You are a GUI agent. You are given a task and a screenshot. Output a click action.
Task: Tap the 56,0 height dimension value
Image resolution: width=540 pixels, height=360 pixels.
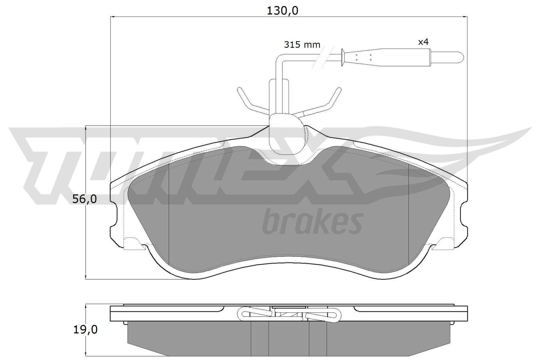click(85, 199)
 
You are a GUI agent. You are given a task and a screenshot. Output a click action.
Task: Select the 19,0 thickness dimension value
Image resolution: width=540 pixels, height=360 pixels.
click(85, 329)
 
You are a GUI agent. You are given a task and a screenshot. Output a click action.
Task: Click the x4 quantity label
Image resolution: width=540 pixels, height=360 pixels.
click(423, 42)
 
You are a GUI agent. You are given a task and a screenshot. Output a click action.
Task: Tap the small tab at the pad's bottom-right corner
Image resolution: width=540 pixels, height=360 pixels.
click(444, 244)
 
